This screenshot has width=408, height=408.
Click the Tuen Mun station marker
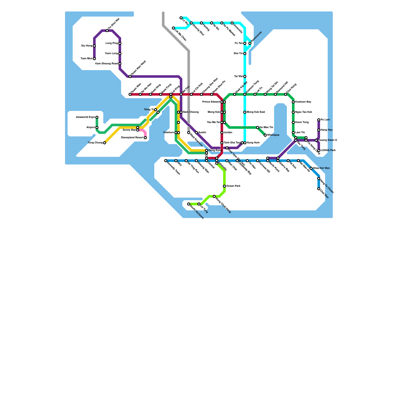coord(94,59)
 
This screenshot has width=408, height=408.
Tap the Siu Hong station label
coord(87,46)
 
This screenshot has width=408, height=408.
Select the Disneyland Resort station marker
coord(145,138)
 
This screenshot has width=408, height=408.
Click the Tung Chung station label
coord(95,143)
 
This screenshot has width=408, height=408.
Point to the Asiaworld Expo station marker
coord(97,117)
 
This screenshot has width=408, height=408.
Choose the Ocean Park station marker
coord(224,186)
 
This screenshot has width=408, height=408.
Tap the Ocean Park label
coord(233,186)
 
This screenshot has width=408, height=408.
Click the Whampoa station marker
coord(265,135)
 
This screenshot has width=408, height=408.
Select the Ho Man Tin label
coord(266,127)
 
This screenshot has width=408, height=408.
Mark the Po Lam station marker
coord(319,120)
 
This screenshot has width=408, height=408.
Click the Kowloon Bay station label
coord(303,102)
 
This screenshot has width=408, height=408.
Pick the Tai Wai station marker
coord(245,76)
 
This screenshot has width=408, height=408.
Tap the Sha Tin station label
coord(238,54)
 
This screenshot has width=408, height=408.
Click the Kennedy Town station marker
coord(166,161)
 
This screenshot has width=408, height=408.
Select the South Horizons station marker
coord(189,204)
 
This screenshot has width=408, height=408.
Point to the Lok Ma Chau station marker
coord(173,28)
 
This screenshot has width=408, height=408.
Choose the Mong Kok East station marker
coord(245,112)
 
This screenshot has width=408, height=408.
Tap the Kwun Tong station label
coord(302,122)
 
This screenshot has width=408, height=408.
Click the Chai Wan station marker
coord(319,189)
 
